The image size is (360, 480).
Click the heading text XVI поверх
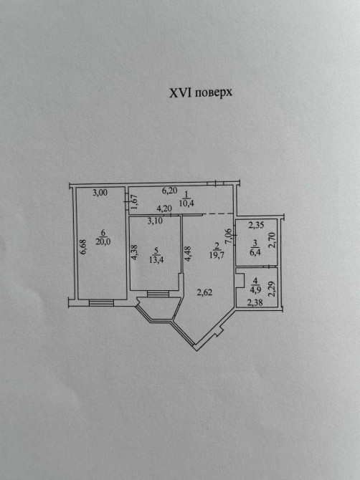(201, 92)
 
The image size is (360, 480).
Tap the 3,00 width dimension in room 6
(100, 193)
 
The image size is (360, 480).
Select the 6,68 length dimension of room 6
(84, 246)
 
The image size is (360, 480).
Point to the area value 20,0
(103, 241)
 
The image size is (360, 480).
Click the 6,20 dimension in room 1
(169, 191)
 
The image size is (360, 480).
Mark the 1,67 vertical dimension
(135, 202)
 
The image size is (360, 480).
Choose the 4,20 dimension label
(164, 208)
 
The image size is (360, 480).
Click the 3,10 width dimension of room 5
(155, 221)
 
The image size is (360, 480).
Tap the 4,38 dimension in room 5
(135, 252)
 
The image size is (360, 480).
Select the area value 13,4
(156, 260)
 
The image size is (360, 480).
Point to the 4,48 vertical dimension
(188, 254)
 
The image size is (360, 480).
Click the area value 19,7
(217, 255)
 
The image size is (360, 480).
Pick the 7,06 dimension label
(228, 236)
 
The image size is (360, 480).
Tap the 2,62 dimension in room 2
(204, 292)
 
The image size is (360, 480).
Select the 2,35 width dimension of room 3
(256, 225)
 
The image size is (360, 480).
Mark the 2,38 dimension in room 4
(255, 303)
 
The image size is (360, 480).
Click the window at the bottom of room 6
(101, 303)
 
